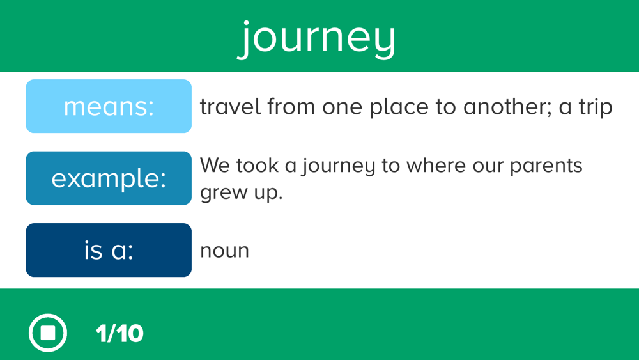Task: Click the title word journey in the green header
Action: (x=317, y=39)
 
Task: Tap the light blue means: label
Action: (x=109, y=106)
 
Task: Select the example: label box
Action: (x=109, y=178)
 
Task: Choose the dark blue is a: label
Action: (x=109, y=250)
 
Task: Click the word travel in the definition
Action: (x=230, y=106)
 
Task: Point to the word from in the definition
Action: (x=291, y=106)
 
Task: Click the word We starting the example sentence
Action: (x=214, y=166)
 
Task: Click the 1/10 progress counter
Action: (x=119, y=334)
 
